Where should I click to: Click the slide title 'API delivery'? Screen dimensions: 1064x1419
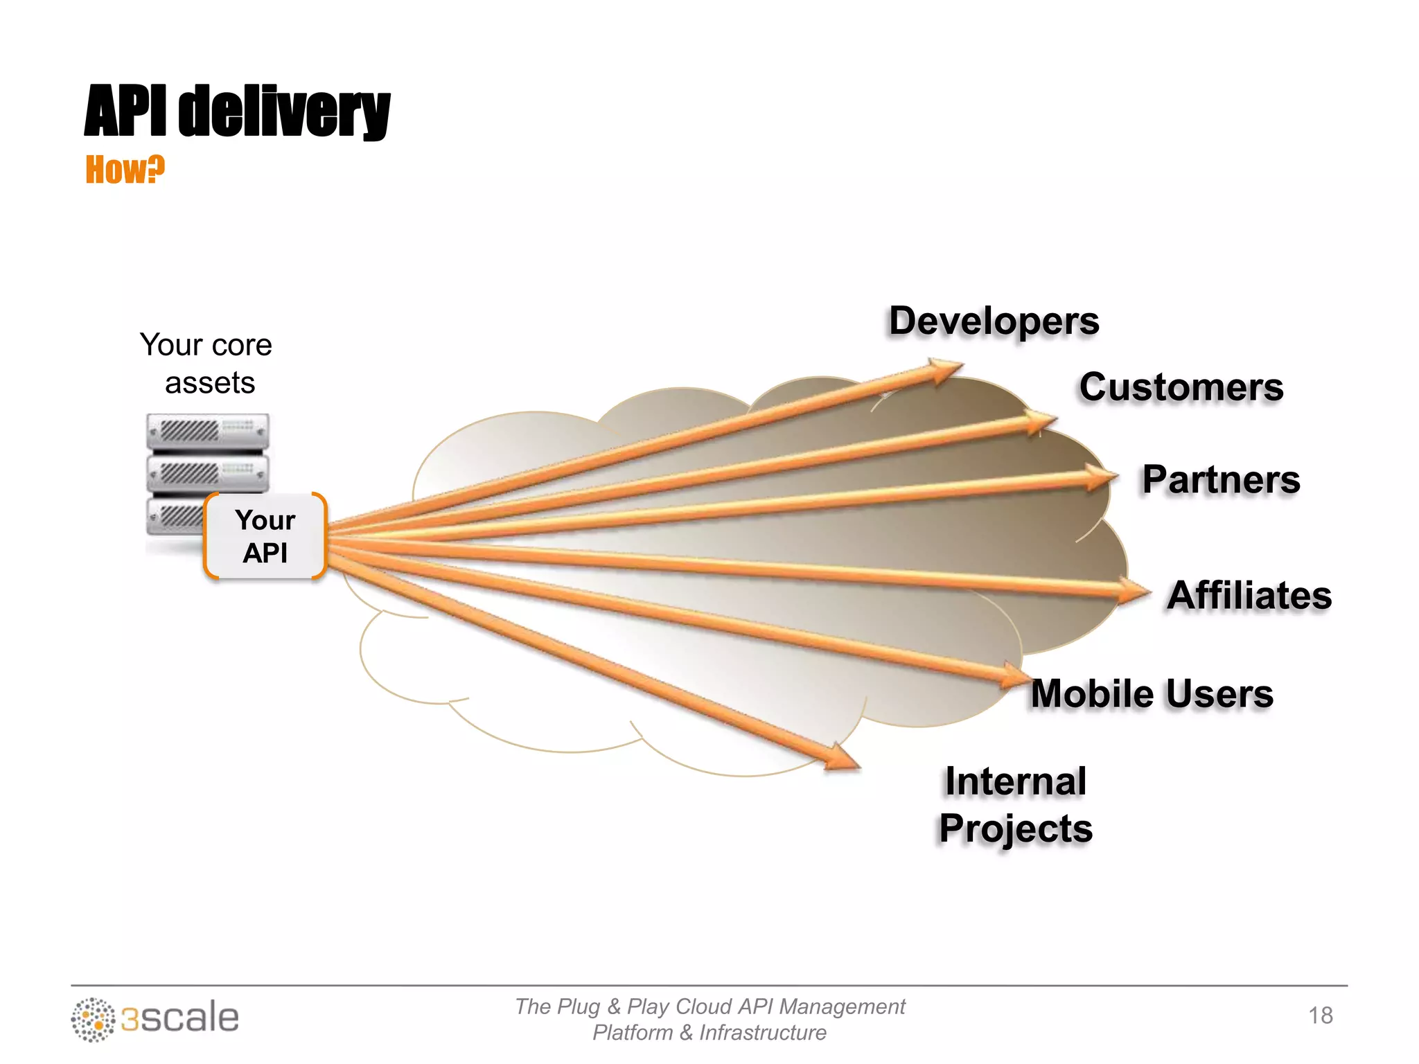coord(237,111)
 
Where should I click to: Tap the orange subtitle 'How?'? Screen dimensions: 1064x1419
coord(125,170)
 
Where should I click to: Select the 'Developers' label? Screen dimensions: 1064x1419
coord(994,321)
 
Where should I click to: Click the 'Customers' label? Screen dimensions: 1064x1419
coord(1181,387)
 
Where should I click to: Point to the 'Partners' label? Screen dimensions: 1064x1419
coord(1221,480)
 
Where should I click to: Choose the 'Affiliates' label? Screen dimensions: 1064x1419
coord(1249,596)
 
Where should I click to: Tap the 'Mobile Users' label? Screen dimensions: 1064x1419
coord(1152,694)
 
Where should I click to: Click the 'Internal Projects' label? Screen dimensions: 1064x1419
coord(1016,805)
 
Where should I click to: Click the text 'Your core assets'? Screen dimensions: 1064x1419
coord(206,364)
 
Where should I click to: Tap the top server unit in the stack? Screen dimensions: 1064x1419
coord(207,431)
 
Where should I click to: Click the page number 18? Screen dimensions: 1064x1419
coord(1320,1016)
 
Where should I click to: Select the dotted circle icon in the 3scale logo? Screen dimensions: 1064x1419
coord(93,1019)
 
